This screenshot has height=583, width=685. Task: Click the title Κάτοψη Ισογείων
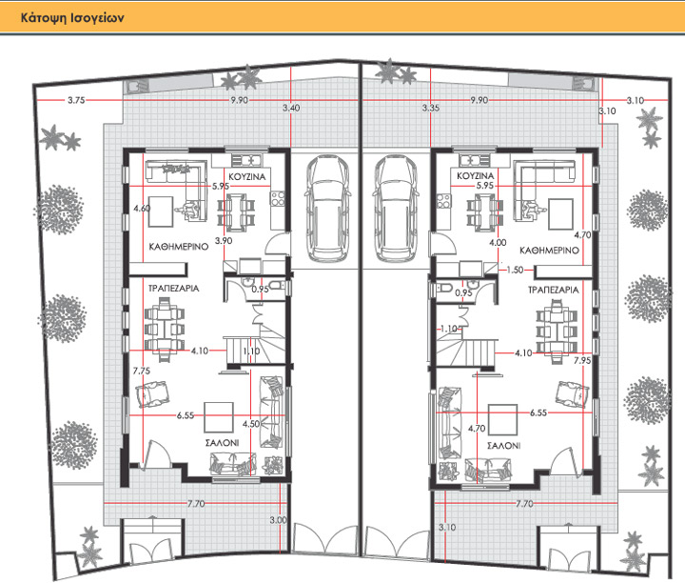[x=72, y=18]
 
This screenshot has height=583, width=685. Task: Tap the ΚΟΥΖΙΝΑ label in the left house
[x=247, y=176]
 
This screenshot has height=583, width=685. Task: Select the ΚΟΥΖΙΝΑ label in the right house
[x=476, y=176]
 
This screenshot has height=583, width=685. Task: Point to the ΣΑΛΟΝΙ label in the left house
[x=222, y=443]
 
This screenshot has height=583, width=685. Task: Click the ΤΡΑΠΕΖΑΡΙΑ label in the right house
[x=554, y=290]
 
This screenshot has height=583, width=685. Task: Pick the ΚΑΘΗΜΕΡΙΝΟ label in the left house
[x=179, y=247]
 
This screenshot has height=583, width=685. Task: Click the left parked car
[x=327, y=209]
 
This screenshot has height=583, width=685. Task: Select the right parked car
[x=395, y=209]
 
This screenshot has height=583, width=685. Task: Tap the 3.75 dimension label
[x=76, y=100]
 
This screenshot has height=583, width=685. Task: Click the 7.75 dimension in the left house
[x=142, y=371]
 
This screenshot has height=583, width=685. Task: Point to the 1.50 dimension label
[x=515, y=270]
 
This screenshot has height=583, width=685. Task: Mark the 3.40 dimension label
[x=291, y=108]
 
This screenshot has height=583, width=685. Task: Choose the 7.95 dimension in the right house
[x=582, y=360]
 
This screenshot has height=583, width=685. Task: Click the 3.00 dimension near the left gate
[x=278, y=520]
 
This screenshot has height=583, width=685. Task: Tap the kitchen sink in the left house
[x=246, y=160]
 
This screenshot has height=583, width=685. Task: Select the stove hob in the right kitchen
[x=444, y=201]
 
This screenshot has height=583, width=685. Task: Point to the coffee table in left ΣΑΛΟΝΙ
[x=219, y=417]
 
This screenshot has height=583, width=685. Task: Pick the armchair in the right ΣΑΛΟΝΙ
[x=572, y=393]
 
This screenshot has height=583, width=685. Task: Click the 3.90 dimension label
[x=224, y=241]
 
